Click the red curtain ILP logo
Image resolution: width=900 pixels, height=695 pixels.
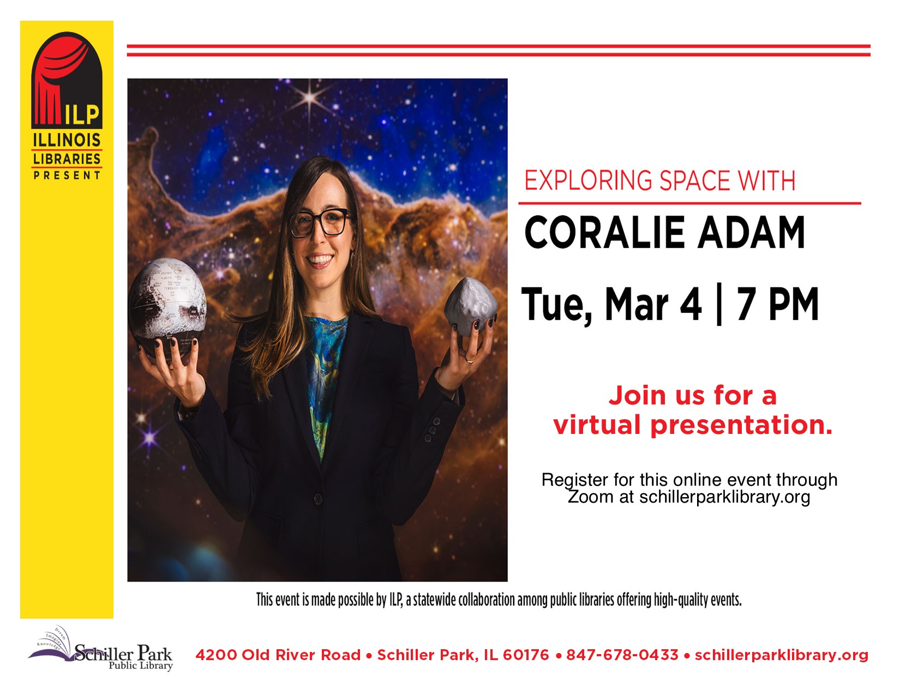67,80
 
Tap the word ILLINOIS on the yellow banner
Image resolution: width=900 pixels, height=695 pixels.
67,140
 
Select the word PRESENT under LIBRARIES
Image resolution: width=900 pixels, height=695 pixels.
67,175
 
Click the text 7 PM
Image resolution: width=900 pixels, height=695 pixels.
777,304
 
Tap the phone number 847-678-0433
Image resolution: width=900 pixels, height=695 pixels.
622,655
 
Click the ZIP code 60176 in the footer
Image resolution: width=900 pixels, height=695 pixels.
526,655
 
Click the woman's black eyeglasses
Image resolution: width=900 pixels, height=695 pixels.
319,223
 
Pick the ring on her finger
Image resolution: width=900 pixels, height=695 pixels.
470,360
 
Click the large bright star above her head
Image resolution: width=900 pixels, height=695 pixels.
309,98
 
